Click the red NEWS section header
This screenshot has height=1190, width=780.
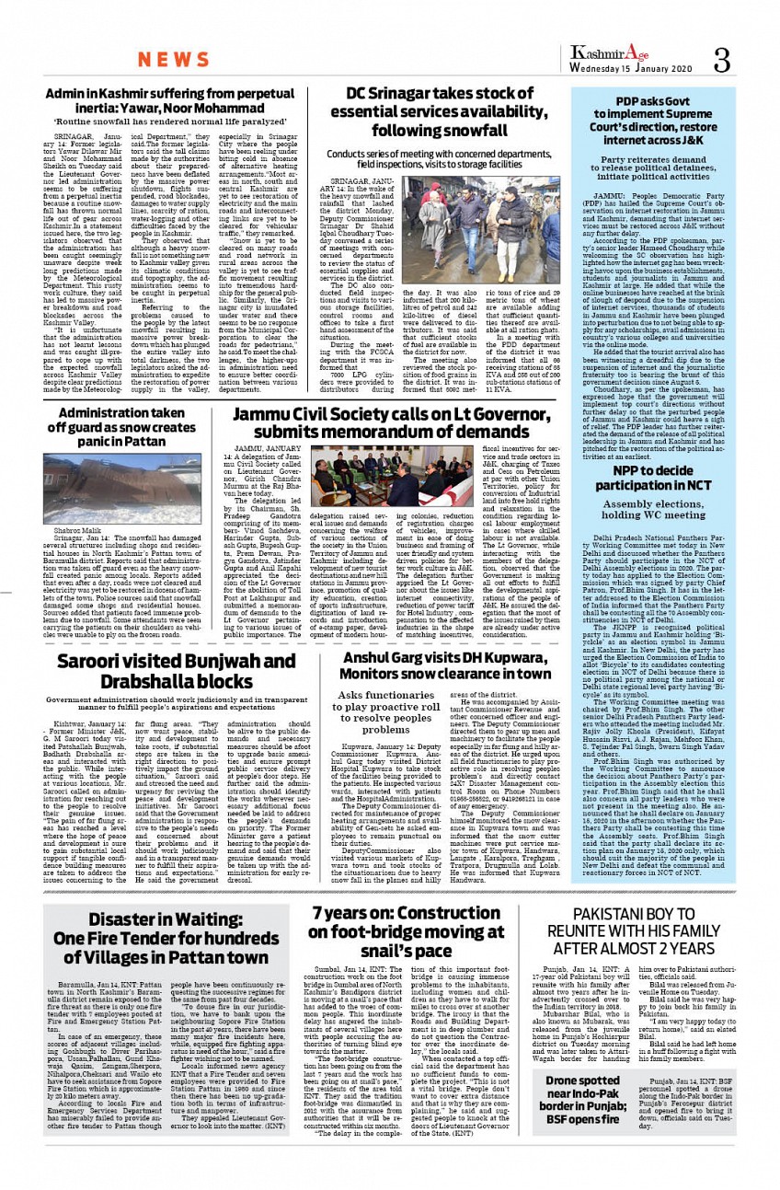(175, 61)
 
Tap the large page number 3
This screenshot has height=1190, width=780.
(721, 60)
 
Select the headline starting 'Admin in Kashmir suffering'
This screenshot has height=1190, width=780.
(169, 100)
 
